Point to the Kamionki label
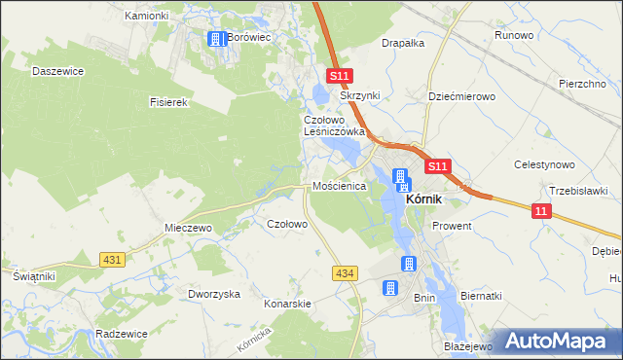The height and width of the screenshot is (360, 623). pos(147,17)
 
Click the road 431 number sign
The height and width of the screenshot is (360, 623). pos(112,259)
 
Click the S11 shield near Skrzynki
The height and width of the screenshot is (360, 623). pos(339,76)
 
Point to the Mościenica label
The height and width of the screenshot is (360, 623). pos(338,185)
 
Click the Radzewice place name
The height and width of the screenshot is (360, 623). pos(122,333)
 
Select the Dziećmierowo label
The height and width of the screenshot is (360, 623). pos(462,97)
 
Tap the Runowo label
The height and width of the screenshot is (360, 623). pos(514,35)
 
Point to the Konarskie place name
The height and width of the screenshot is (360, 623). pos(287,304)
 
